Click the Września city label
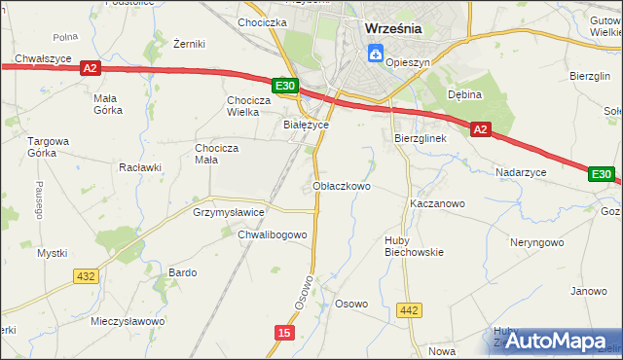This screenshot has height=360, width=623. [393, 28]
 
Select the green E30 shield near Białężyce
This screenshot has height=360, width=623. [285, 87]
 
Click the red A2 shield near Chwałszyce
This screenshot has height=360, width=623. [90, 68]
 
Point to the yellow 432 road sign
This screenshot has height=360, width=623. [86, 276]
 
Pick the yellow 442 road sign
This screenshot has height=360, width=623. [410, 310]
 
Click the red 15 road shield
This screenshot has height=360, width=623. [283, 333]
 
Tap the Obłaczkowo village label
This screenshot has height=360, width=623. [342, 185]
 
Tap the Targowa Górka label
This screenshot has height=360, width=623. [46, 147]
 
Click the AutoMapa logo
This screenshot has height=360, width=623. [556, 342]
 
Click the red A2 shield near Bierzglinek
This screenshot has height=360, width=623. [480, 128]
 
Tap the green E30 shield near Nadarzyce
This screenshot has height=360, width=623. [602, 174]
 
